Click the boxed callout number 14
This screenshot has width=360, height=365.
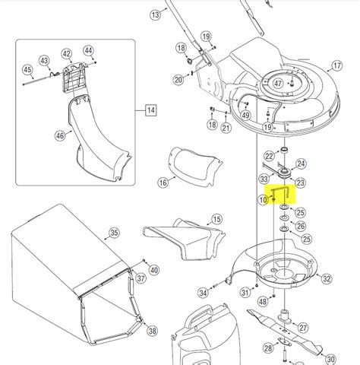[x=151, y=110]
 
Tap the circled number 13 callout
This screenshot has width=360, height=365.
[x=155, y=14]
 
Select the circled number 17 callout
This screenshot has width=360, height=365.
[x=337, y=66]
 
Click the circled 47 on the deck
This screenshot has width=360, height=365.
[x=278, y=84]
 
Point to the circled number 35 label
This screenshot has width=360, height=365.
[x=114, y=233]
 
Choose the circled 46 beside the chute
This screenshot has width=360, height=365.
[x=60, y=136]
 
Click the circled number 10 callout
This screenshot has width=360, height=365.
[x=263, y=200]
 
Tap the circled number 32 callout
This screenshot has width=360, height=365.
[x=327, y=279]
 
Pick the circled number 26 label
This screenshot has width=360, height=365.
[x=301, y=226]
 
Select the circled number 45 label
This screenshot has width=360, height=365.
[x=27, y=70]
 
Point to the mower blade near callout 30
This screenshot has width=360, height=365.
[x=285, y=328]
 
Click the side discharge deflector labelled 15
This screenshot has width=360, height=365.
[x=185, y=240]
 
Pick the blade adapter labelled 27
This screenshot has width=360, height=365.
[x=285, y=316]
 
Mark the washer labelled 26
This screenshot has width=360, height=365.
[x=283, y=218]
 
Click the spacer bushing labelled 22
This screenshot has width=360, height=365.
[x=284, y=150]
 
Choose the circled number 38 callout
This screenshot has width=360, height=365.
[x=152, y=331]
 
